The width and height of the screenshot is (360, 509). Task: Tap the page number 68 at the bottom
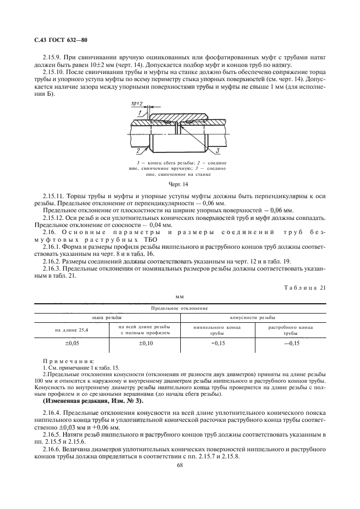pos(179,464)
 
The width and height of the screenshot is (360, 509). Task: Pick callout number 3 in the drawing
pos(216,150)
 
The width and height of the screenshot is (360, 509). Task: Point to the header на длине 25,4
pos(71,329)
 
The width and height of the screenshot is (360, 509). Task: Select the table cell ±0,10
pos(144,344)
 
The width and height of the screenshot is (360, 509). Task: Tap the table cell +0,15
pos(217,344)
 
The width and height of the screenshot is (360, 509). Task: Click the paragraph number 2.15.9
pos(53,56)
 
